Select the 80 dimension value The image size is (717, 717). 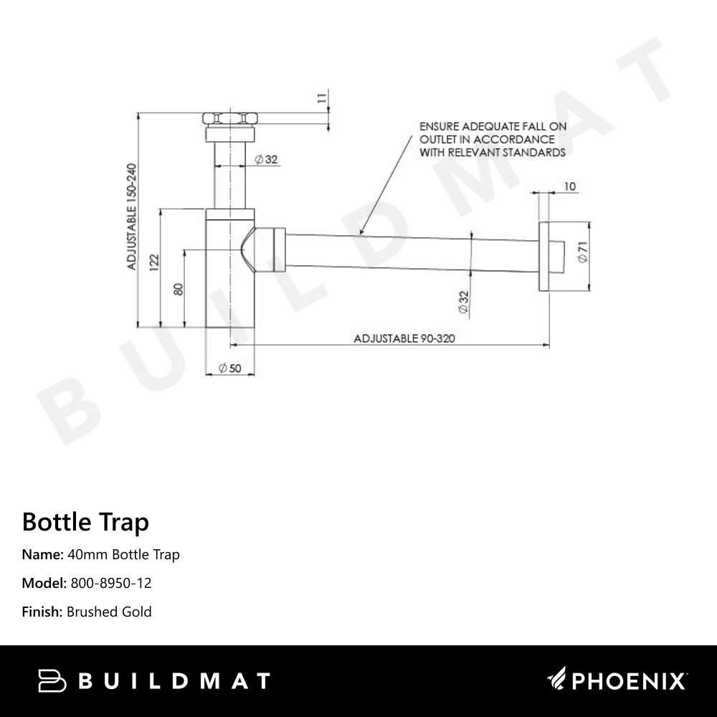[179, 288]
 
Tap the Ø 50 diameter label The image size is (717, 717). [229, 368]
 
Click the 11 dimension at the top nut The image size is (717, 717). [322, 99]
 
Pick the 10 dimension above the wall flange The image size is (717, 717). [570, 187]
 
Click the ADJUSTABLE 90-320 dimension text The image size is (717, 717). [405, 338]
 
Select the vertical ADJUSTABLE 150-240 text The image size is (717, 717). [132, 217]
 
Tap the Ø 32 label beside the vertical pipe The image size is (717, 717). [266, 159]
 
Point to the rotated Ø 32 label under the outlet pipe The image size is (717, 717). [463, 301]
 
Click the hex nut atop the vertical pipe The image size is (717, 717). [230, 118]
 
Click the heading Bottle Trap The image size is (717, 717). [85, 521]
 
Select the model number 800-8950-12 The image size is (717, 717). [111, 583]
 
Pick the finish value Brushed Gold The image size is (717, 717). [109, 612]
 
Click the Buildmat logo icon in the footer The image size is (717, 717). [52, 680]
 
